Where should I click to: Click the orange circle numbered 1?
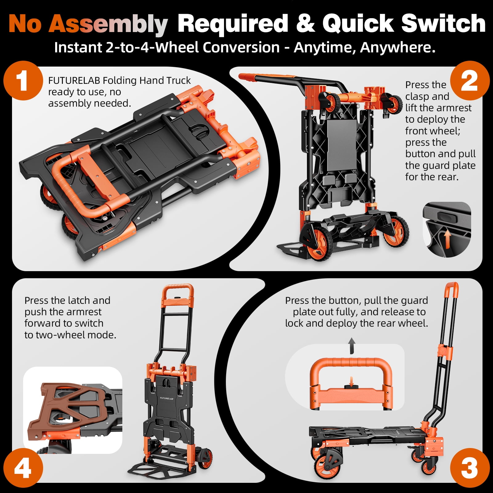point(23,81)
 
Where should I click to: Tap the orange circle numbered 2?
point(470,81)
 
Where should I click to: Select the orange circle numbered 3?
point(470,468)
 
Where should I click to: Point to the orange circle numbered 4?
point(23,468)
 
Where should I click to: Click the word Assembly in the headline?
point(108,24)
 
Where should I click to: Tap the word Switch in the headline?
point(443,23)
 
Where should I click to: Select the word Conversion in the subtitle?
point(241,47)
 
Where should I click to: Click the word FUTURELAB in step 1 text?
point(74,80)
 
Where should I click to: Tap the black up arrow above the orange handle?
point(352,345)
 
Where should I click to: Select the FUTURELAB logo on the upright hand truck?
point(167,398)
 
